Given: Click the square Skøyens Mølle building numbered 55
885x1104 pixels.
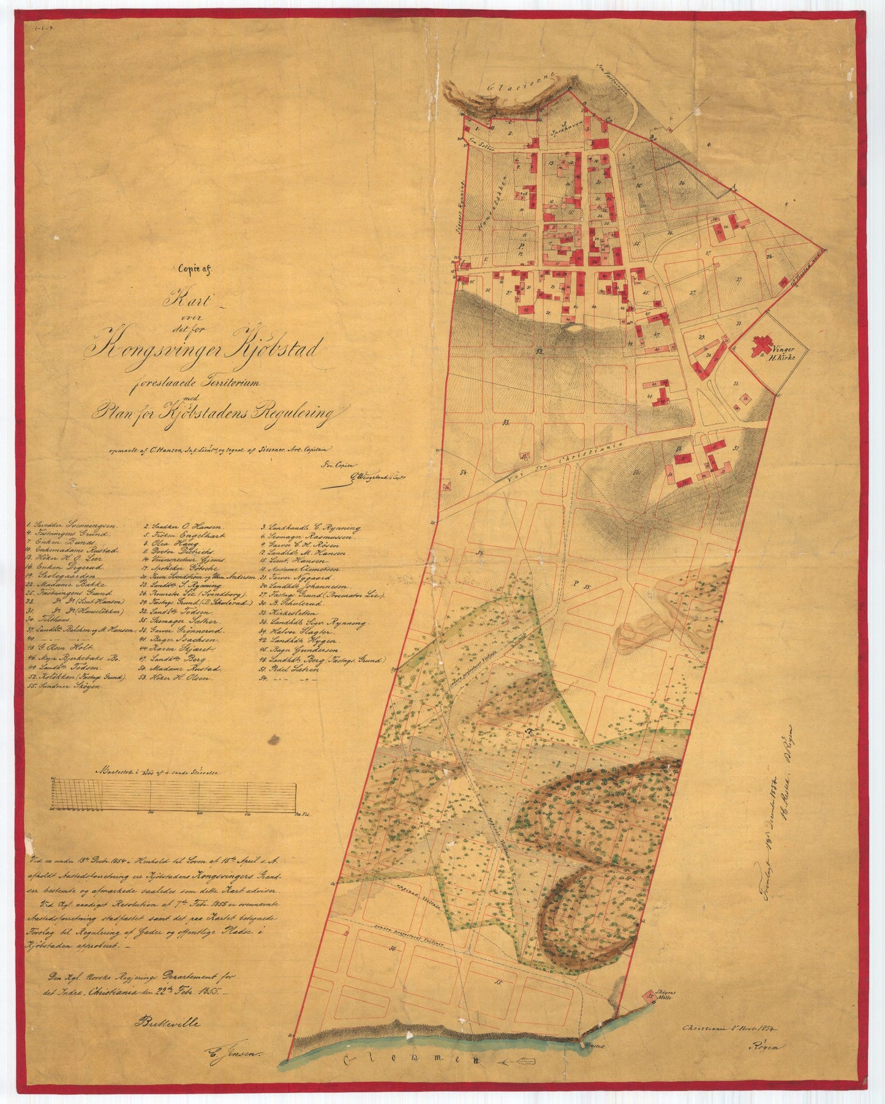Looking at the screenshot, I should click(x=649, y=996).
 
